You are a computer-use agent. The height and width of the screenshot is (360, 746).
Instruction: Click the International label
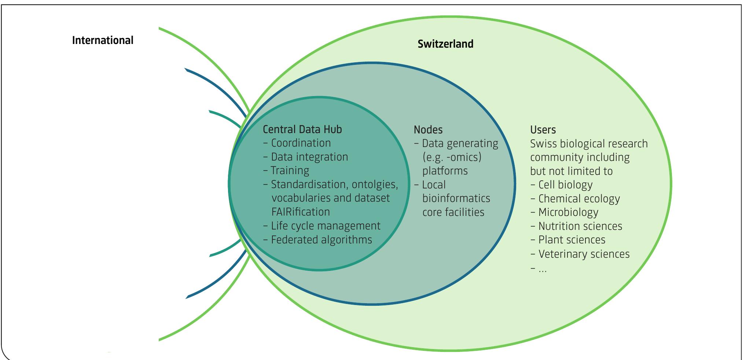(103, 40)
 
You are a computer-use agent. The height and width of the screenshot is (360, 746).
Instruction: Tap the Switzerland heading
(445, 44)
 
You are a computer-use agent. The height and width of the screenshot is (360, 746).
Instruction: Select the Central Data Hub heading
(302, 129)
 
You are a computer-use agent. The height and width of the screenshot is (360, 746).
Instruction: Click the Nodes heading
(428, 130)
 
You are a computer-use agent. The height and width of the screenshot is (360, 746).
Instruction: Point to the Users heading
(543, 130)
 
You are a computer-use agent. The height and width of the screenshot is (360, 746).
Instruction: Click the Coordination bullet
(301, 143)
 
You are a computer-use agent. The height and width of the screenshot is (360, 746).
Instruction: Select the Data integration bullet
(309, 157)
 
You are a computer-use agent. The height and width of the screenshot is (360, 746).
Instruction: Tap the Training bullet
(290, 170)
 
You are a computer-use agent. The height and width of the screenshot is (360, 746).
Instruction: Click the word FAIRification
(301, 212)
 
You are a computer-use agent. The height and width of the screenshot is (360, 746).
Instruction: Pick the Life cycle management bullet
(325, 226)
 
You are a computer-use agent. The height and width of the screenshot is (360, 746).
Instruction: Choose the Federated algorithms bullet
(321, 240)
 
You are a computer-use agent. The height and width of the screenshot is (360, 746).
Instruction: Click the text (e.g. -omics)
(452, 157)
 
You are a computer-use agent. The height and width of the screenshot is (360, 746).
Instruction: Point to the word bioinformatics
(456, 198)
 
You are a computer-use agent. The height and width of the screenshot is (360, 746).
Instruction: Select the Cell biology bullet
(565, 185)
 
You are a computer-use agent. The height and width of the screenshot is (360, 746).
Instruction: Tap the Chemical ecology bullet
(578, 199)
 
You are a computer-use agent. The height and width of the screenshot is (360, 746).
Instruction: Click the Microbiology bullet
(568, 212)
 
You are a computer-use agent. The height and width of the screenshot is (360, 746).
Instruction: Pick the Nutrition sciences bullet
(580, 226)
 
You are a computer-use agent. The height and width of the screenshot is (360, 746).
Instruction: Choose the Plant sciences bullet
(572, 240)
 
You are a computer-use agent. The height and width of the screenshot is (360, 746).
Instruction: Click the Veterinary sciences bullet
(584, 254)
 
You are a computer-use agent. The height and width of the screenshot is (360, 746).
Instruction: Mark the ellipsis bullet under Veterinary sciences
(542, 269)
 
